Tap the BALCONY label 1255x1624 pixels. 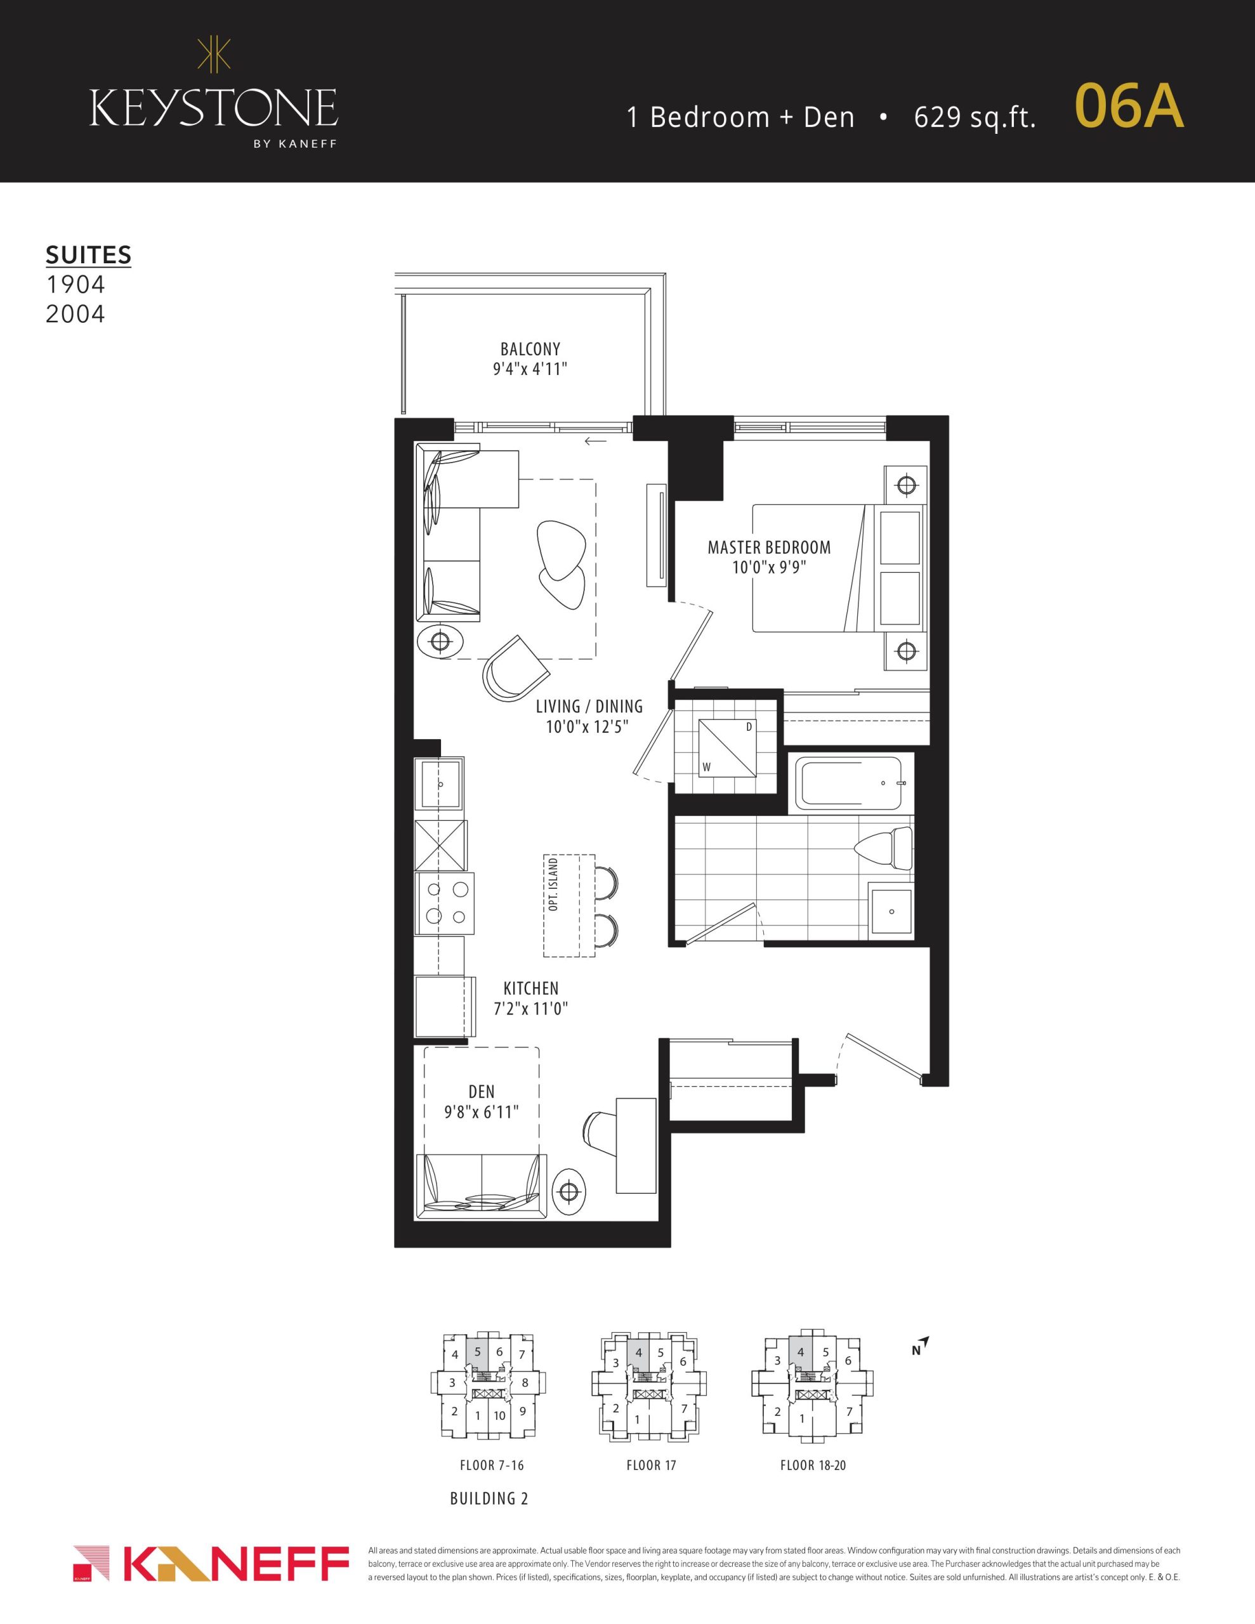click(x=530, y=349)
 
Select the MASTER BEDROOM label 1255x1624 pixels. click(x=769, y=547)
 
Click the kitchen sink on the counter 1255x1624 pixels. click(x=440, y=785)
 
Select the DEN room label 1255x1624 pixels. click(x=482, y=1092)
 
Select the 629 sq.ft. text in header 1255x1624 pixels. click(x=975, y=117)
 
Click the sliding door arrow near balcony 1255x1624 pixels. click(x=595, y=442)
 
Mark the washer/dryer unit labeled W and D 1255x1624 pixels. click(x=726, y=748)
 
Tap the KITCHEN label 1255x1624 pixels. click(x=530, y=988)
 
